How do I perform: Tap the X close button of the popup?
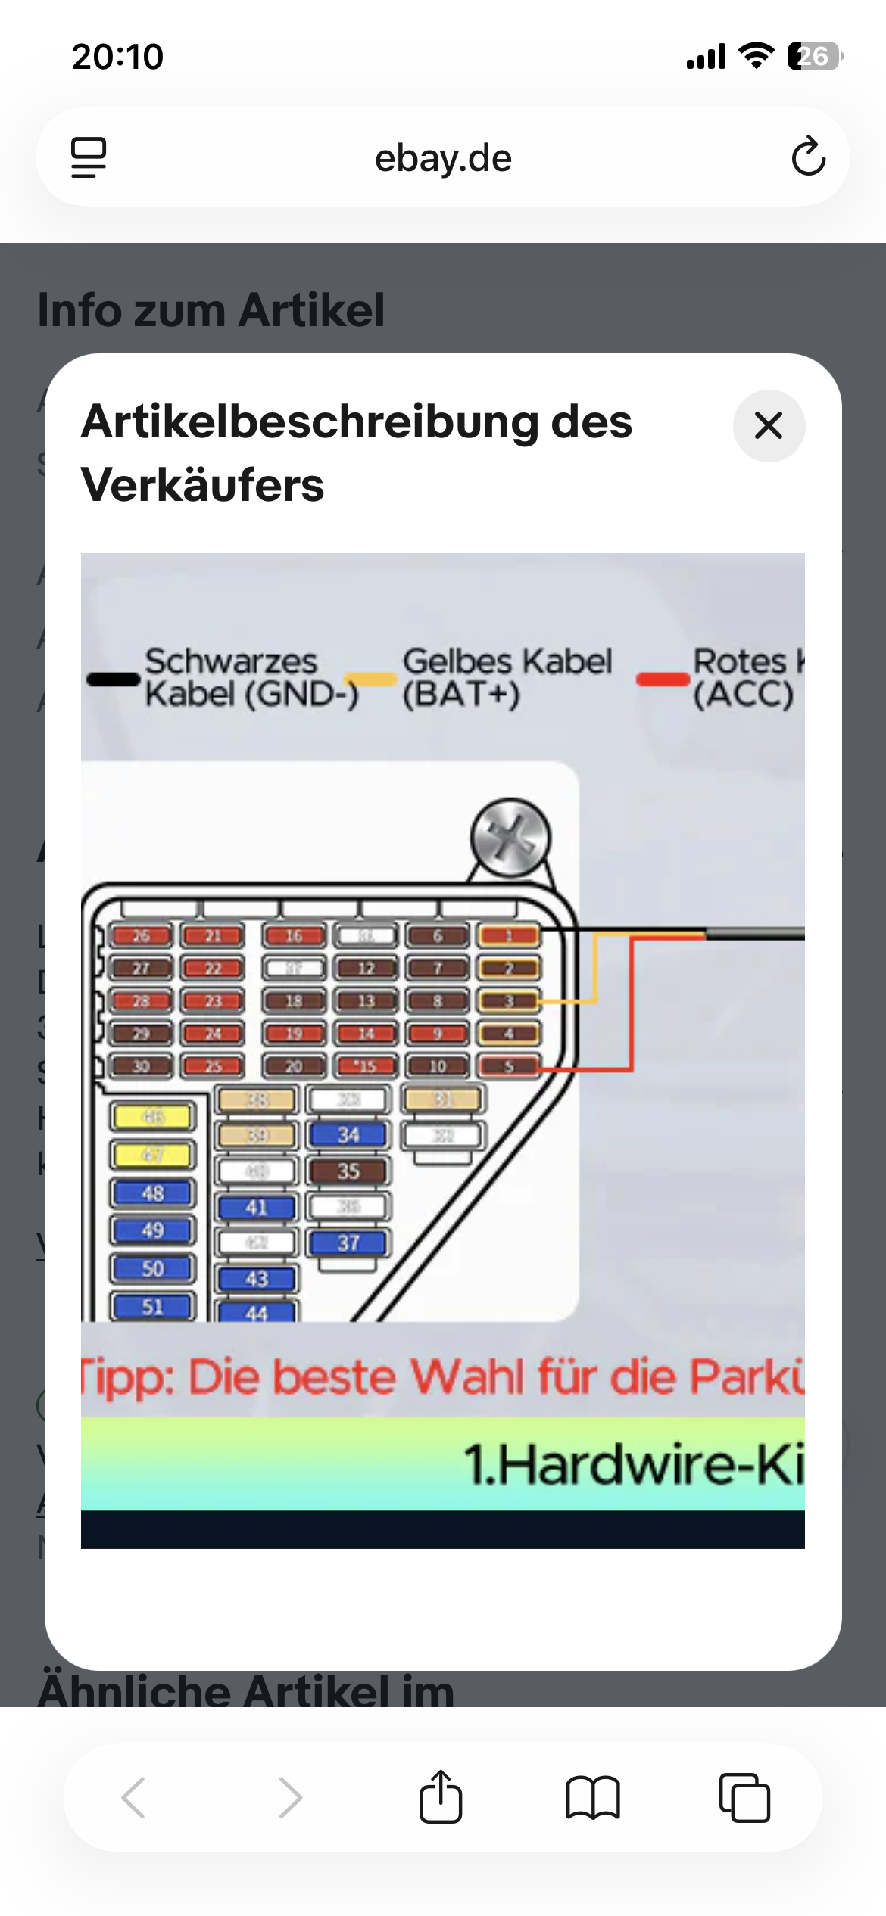pos(769,425)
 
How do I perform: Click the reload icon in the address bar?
pos(808,157)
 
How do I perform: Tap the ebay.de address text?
pos(443,158)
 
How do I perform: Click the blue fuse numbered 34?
pos(348,1135)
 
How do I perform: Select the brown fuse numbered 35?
pos(348,1171)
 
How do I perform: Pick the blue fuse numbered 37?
pos(348,1243)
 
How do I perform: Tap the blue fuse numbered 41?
pos(257,1208)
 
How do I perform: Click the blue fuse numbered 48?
pos(153,1193)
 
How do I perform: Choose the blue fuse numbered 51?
pos(153,1307)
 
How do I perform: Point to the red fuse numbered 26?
pos(142,936)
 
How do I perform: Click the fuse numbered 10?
pos(438,1066)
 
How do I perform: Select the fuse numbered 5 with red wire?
pos(509,1066)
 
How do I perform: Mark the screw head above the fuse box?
pos(510,838)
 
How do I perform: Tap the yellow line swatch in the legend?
pos(371,680)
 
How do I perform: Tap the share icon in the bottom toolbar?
pos(441,1797)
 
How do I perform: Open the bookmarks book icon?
pos(593,1797)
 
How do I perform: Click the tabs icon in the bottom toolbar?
pos(744,1797)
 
